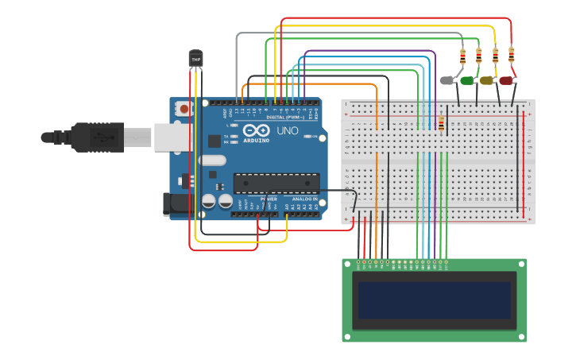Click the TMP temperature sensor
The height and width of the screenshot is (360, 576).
[195, 58]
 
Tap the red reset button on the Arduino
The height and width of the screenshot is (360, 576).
[184, 109]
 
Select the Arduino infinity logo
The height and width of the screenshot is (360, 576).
[257, 130]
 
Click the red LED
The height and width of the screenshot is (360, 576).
[506, 80]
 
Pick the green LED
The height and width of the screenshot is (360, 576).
[467, 80]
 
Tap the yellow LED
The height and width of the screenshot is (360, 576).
[486, 80]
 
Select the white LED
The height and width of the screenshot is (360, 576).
[447, 80]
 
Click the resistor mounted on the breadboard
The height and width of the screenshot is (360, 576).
[442, 122]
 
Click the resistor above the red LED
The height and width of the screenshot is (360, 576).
[511, 55]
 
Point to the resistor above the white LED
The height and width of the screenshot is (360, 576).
[463, 56]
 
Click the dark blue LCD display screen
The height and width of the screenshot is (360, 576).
[435, 300]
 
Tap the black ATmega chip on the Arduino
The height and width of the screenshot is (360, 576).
[276, 184]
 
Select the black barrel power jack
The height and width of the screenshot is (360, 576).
[178, 204]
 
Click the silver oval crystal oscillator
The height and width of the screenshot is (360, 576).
[213, 161]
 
